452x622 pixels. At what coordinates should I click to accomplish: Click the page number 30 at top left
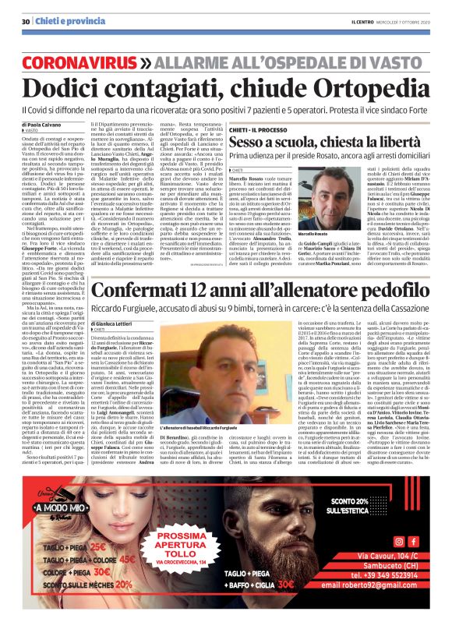pyautogui.click(x=26, y=8)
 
